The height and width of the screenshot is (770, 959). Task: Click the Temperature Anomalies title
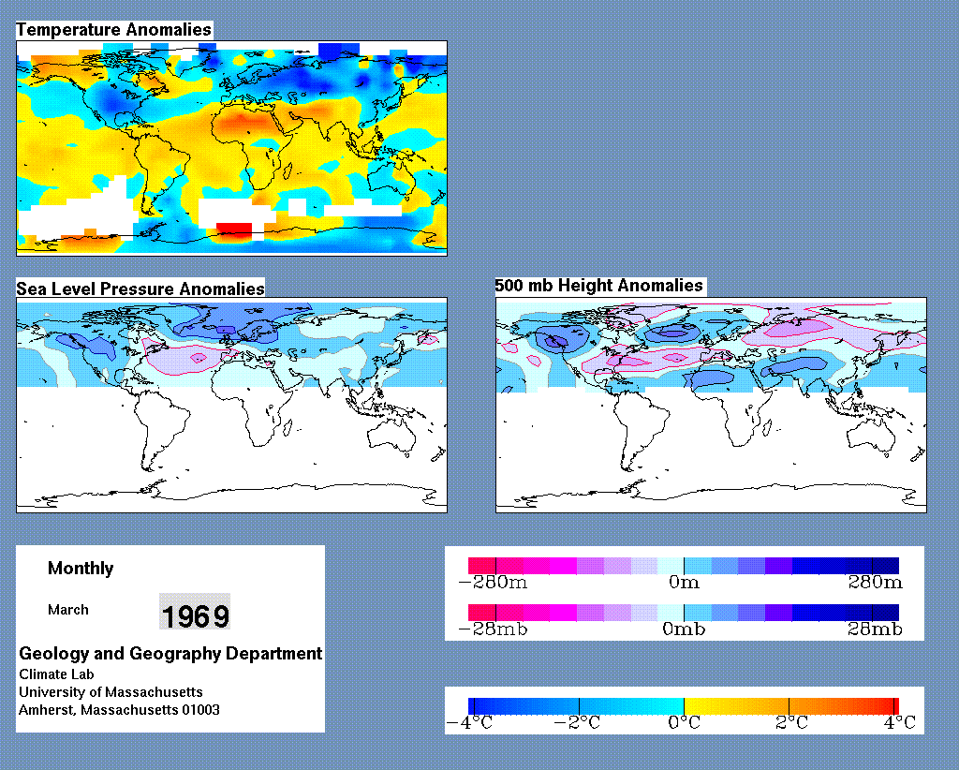[113, 29]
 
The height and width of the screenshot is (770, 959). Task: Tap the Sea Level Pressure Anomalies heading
[140, 289]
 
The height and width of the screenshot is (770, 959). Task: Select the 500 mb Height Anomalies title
[598, 286]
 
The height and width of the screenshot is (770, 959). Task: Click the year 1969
[195, 615]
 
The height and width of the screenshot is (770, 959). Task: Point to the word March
[67, 610]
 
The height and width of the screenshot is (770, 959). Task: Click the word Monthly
[81, 569]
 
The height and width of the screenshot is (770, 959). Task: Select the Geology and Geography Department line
[170, 653]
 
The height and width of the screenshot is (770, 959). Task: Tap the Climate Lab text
[56, 674]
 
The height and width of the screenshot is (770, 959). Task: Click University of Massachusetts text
[111, 692]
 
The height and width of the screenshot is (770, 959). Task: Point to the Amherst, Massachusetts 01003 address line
[119, 710]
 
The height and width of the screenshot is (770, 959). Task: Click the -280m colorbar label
[493, 582]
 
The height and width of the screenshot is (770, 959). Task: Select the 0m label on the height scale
[684, 582]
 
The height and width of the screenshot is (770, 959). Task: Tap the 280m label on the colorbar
[876, 582]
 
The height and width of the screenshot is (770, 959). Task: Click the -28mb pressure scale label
[493, 629]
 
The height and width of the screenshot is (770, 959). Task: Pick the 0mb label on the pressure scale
[684, 629]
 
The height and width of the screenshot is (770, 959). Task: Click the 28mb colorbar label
[876, 629]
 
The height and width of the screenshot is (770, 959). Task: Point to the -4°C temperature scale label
[470, 723]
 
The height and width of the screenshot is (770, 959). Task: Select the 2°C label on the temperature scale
[792, 723]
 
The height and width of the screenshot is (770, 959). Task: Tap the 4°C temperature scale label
[900, 723]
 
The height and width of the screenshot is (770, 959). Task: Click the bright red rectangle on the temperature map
[234, 229]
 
